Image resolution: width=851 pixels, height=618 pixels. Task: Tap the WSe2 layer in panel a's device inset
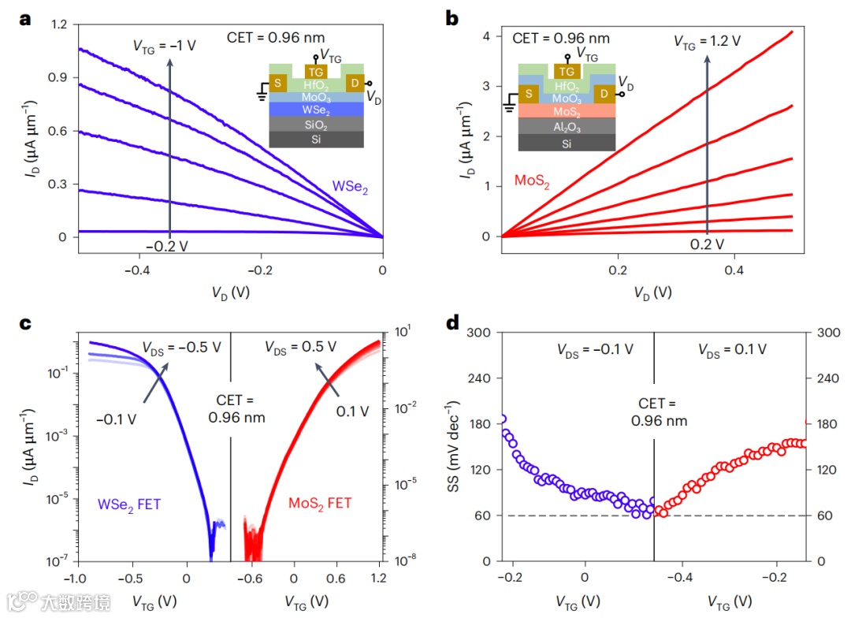tap(317, 110)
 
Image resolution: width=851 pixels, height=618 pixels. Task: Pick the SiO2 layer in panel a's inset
tap(317, 125)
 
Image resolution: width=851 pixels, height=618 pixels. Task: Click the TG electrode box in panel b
tap(567, 70)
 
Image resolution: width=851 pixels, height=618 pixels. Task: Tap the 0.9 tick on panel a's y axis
tap(60, 78)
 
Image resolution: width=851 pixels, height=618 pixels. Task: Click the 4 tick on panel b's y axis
tap(488, 36)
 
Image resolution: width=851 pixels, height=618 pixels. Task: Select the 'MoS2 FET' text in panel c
tap(318, 503)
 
